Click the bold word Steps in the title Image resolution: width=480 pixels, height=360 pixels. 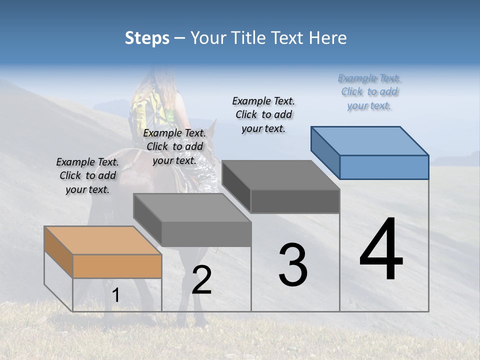(147, 38)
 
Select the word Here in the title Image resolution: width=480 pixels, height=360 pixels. (326, 38)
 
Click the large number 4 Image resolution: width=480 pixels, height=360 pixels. (381, 250)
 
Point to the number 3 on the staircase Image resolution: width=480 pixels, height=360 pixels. (293, 265)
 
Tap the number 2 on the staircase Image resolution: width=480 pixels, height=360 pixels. (201, 280)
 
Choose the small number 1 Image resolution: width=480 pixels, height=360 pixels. (116, 295)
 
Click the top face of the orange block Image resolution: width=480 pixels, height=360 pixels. (103, 240)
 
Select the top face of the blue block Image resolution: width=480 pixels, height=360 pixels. (370, 140)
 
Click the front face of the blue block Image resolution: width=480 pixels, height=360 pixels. (384, 167)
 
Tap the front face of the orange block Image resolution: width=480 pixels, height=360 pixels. (117, 266)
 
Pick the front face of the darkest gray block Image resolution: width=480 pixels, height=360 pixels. (295, 201)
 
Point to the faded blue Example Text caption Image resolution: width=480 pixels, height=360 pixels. (369, 91)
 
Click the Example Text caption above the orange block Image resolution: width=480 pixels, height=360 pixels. (87, 175)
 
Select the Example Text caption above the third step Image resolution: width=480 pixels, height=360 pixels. (263, 114)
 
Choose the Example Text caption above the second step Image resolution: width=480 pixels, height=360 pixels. (174, 146)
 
